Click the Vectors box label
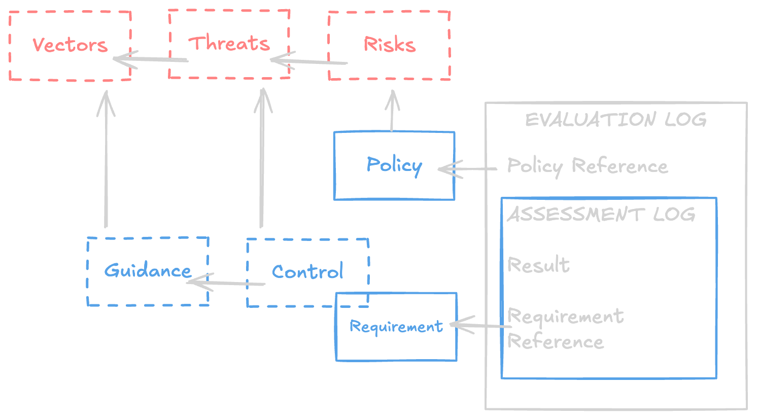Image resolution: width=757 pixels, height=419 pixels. [70, 45]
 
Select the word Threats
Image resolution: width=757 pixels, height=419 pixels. [229, 44]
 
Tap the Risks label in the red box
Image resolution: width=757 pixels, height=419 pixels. [390, 45]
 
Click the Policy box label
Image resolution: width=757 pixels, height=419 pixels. [394, 165]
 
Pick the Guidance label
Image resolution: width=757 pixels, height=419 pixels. [148, 270]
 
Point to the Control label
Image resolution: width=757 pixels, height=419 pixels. [307, 272]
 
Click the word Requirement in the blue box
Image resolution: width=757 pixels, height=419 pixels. [396, 327]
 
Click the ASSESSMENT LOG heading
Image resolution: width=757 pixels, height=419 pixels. [601, 214]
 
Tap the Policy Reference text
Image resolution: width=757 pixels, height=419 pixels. [588, 166]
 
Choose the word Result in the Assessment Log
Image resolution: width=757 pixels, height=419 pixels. [538, 265]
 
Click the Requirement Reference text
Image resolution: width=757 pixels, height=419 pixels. [564, 329]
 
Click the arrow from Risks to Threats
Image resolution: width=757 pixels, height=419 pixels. [309, 62]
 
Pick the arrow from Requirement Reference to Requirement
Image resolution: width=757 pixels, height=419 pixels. [480, 326]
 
